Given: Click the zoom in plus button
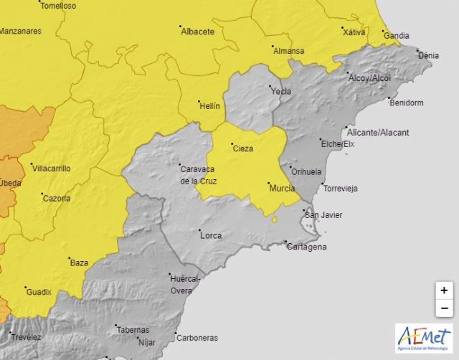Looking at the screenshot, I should click(444, 290).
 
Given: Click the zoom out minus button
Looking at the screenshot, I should click(444, 308).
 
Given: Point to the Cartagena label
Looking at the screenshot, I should click(306, 247).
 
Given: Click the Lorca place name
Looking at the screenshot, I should click(211, 235).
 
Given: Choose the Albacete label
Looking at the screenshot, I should click(198, 32).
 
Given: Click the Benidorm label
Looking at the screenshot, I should click(407, 103).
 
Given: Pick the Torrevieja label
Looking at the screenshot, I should click(341, 188).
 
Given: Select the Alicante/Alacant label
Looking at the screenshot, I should click(377, 133).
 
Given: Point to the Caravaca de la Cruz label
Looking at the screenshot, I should click(199, 175).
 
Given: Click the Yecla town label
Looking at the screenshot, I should click(281, 91).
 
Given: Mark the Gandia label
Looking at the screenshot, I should click(396, 35).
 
